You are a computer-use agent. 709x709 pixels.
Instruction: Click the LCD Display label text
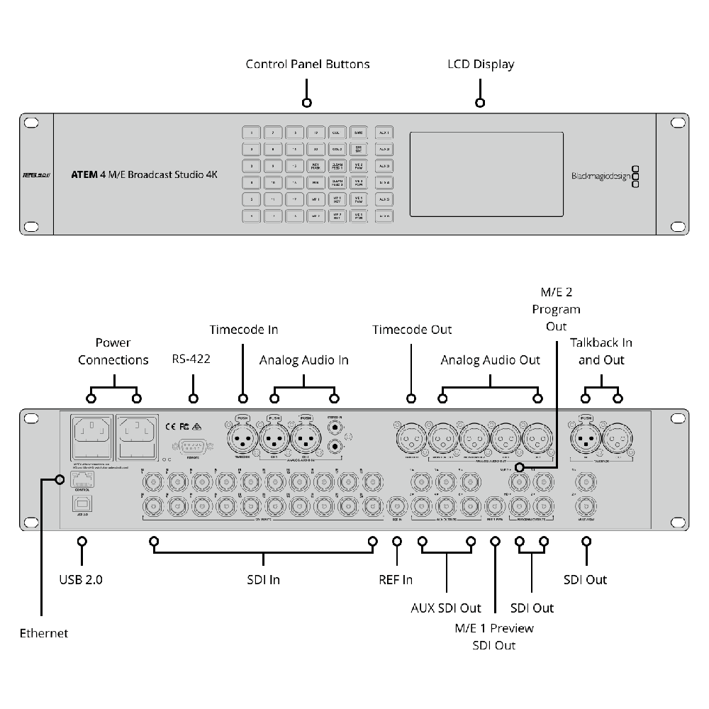pyautogui.click(x=481, y=65)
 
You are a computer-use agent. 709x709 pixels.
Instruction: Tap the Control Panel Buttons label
pyautogui.click(x=308, y=65)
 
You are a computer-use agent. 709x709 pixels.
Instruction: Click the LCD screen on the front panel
pyautogui.click(x=486, y=174)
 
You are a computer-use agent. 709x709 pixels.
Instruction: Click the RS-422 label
pyautogui.click(x=191, y=359)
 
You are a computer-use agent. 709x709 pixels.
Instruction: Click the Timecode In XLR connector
pyautogui.click(x=242, y=440)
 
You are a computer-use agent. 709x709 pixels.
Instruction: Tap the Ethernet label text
pyautogui.click(x=44, y=632)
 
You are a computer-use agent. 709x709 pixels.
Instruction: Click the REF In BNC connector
pyautogui.click(x=397, y=507)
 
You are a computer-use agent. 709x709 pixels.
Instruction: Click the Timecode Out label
pyautogui.click(x=412, y=330)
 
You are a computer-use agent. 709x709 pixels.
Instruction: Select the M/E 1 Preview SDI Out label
pyautogui.click(x=494, y=637)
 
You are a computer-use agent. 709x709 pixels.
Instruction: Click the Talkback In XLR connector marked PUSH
pyautogui.click(x=586, y=440)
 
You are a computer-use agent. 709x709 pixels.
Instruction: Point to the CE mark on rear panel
pyautogui.click(x=170, y=427)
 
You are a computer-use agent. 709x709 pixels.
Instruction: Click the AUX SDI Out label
pyautogui.click(x=446, y=608)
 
